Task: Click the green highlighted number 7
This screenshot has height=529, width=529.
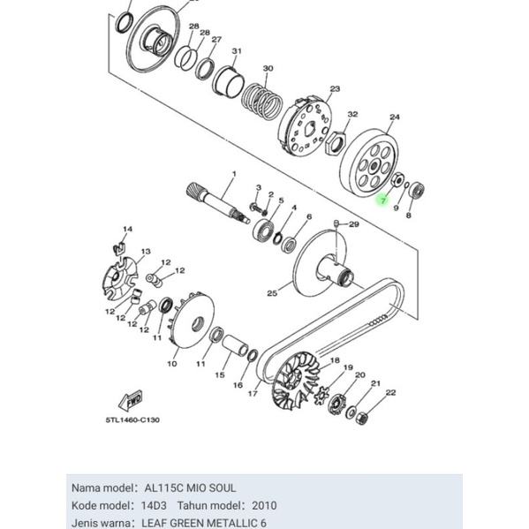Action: coord(382,201)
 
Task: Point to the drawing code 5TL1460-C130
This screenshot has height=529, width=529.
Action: coord(135,419)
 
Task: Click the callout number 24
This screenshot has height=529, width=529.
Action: coord(395,117)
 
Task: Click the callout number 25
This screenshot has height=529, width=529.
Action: coord(272,292)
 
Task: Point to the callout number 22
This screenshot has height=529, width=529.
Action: coord(390,392)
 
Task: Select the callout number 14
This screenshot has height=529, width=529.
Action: coord(127,230)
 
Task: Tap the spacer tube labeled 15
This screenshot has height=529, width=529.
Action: coord(237,344)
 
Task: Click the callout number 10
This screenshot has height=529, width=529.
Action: coord(171,363)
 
